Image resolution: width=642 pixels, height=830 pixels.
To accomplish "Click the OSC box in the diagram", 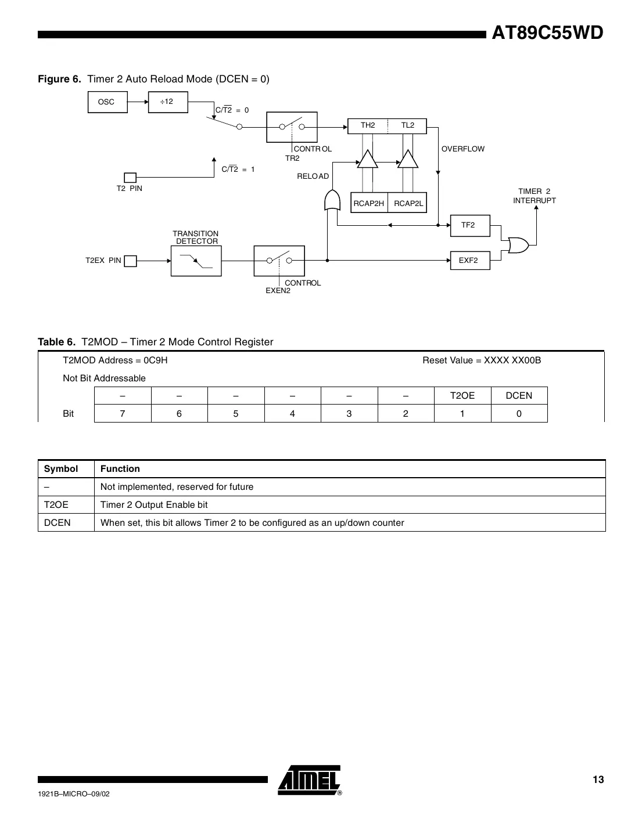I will pos(106,102).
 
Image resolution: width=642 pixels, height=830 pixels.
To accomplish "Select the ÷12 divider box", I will pos(167,102).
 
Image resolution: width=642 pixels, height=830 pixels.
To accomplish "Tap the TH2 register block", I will pos(368,125).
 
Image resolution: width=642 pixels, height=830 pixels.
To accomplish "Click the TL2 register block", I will pos(408,125).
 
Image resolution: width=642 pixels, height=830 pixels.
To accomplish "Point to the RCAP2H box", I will pos(369,203).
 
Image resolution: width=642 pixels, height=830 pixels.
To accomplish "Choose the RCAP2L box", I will pos(408,203).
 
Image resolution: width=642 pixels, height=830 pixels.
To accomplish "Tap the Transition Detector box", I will pos(196,261).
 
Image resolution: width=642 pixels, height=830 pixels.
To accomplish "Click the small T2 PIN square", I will pos(131,177).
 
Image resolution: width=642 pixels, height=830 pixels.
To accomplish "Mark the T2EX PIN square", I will pos(131,261).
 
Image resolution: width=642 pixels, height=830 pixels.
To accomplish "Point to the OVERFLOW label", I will pos(462,149).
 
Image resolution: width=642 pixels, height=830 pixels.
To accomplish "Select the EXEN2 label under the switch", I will pos(278,291).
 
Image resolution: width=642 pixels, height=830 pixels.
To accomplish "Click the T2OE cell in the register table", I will pos(462,396).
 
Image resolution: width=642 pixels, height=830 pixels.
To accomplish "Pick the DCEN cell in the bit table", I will pos(519,396).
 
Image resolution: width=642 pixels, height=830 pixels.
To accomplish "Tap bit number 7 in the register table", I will pos(123,414).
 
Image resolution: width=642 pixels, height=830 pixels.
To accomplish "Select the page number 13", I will pos(598,780).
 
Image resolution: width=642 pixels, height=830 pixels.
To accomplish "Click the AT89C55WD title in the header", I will pos(547,34).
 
